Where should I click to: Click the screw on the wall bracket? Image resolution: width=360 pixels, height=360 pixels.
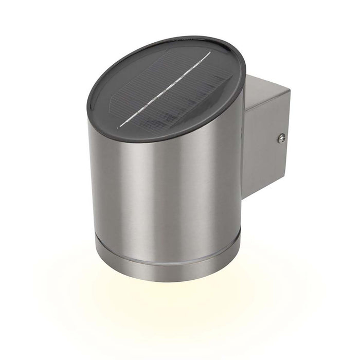281,137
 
